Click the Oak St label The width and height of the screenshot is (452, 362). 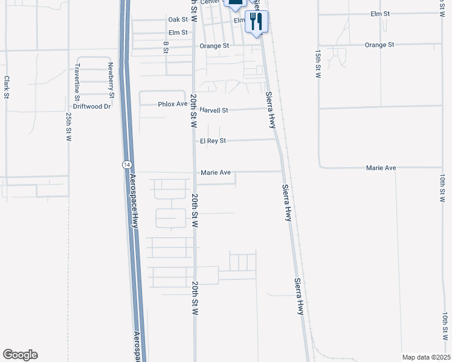click(x=178, y=19)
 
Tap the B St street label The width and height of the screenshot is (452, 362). click(x=166, y=47)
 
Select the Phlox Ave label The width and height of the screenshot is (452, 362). click(x=173, y=104)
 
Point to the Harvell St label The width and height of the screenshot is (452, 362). click(x=215, y=110)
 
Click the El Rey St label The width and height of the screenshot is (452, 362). click(x=212, y=141)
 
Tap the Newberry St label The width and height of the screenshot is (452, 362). click(x=111, y=80)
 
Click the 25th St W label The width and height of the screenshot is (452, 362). click(x=69, y=127)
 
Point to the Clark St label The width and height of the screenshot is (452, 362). click(x=7, y=87)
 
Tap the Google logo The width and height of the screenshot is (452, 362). click(x=20, y=355)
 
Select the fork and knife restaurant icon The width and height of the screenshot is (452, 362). click(x=256, y=22)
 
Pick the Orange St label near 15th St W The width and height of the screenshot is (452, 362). click(x=379, y=45)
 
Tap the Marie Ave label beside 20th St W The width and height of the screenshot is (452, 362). click(x=216, y=173)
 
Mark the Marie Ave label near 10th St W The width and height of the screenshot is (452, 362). click(x=381, y=167)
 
